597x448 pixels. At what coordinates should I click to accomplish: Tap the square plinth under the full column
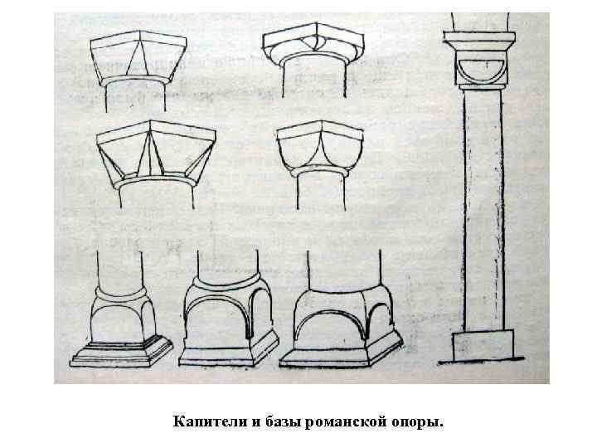tap(483, 345)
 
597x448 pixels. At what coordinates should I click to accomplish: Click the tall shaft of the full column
tap(483, 210)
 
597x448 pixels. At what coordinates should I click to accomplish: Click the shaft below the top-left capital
tap(135, 96)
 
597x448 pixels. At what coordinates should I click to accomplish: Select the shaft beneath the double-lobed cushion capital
tap(321, 192)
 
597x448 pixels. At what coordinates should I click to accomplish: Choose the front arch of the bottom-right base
tap(330, 313)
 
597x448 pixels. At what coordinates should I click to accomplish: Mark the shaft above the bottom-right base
tap(344, 270)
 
